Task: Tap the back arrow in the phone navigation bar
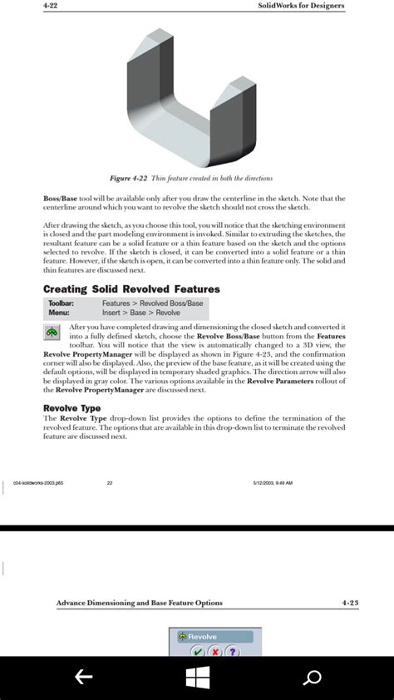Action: pyautogui.click(x=83, y=678)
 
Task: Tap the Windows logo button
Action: pyautogui.click(x=198, y=678)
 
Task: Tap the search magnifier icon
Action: pyautogui.click(x=312, y=678)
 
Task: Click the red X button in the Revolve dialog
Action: pyautogui.click(x=214, y=651)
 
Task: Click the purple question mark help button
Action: pyautogui.click(x=233, y=651)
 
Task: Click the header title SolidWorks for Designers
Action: pyautogui.click(x=302, y=6)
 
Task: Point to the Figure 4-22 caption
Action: pyautogui.click(x=191, y=178)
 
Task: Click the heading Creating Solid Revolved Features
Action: pyautogui.click(x=131, y=289)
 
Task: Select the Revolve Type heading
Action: pyautogui.click(x=71, y=408)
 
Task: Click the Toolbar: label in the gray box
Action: pyautogui.click(x=62, y=303)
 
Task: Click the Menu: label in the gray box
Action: pyautogui.click(x=59, y=313)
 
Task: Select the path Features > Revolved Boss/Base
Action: pyautogui.click(x=152, y=303)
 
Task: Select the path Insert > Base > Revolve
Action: pyautogui.click(x=140, y=313)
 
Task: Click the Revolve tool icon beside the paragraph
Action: pyautogui.click(x=52, y=332)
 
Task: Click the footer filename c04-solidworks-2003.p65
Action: pyautogui.click(x=44, y=482)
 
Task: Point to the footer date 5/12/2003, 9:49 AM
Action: pyautogui.click(x=273, y=482)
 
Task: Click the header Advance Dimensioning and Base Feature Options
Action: pyautogui.click(x=139, y=603)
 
